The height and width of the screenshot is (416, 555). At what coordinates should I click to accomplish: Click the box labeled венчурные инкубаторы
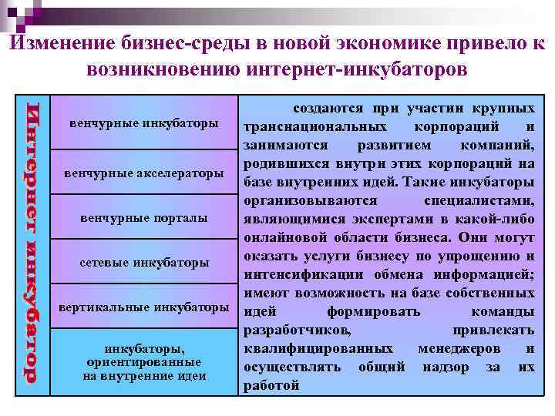point(143,123)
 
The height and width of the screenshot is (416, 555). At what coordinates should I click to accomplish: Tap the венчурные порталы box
point(143,218)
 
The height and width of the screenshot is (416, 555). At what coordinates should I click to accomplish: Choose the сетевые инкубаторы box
point(143,263)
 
